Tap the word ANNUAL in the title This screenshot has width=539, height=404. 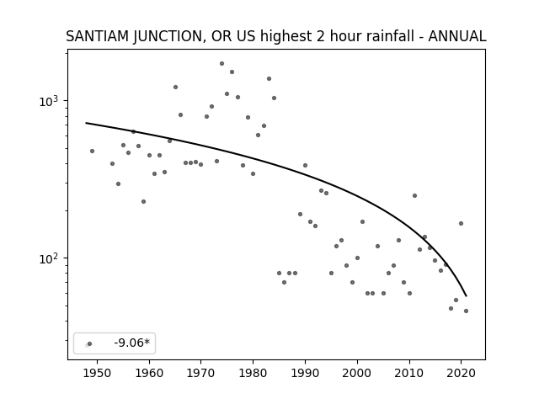pyautogui.click(x=457, y=36)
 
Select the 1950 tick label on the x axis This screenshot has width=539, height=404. pyautogui.click(x=98, y=373)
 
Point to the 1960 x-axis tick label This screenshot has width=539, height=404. pyautogui.click(x=149, y=373)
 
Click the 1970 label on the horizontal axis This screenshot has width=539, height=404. pyautogui.click(x=201, y=373)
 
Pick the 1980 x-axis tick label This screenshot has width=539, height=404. pyautogui.click(x=253, y=373)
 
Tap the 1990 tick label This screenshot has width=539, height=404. pyautogui.click(x=305, y=373)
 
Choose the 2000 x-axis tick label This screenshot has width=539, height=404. pyautogui.click(x=357, y=373)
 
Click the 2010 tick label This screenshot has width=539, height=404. pyautogui.click(x=409, y=373)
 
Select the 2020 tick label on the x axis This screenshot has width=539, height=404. pyautogui.click(x=461, y=373)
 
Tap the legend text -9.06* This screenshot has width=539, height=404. pyautogui.click(x=132, y=343)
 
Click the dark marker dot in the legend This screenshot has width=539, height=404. pyautogui.click(x=90, y=343)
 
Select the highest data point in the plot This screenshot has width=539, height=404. pyautogui.click(x=221, y=64)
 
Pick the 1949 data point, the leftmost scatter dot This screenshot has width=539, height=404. pyautogui.click(x=92, y=151)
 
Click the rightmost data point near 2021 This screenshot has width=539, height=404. pyautogui.click(x=466, y=311)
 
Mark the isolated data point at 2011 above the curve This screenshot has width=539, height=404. pyautogui.click(x=414, y=196)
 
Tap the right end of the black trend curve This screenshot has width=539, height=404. pyautogui.click(x=466, y=295)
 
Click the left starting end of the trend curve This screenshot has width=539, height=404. pyautogui.click(x=86, y=123)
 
